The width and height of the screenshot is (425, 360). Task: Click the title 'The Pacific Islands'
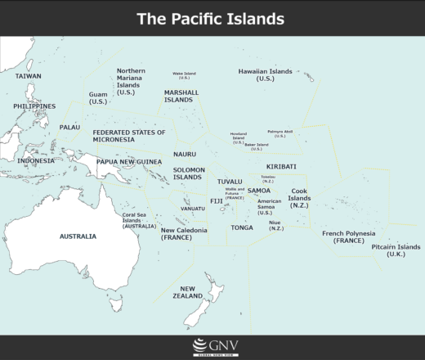coord(210,18)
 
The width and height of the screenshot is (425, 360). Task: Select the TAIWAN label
coord(29,76)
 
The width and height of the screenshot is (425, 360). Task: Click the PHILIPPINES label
coord(34,106)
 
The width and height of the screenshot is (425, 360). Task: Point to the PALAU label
coord(69,128)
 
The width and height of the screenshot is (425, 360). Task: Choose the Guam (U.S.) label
coord(98,98)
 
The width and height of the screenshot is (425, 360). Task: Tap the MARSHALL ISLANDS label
coord(181,97)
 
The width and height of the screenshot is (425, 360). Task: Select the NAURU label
coord(185,154)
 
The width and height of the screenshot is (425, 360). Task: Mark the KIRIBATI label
coord(281,166)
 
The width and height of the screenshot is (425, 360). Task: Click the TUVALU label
coord(230,181)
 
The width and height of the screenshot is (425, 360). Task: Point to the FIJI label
coord(216,200)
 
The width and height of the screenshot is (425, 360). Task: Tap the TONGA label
coord(242,227)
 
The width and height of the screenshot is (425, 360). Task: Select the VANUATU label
coord(193,209)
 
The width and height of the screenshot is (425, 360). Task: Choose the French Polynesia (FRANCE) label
coord(348,237)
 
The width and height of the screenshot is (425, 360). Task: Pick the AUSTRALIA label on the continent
coord(78,236)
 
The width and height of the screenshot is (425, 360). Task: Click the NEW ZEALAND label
coord(187,292)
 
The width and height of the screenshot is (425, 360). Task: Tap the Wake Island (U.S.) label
coord(184,75)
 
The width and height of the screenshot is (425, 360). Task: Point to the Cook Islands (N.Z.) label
coord(299,198)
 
